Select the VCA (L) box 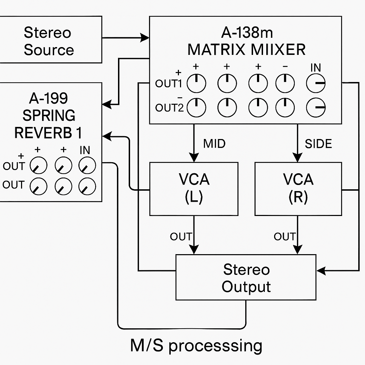(x=194, y=189)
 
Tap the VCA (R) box (x=298, y=189)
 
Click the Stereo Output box (x=246, y=277)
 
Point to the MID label (x=214, y=144)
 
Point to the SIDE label (x=318, y=144)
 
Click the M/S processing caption (x=196, y=346)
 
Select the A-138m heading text (x=247, y=33)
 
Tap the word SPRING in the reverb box (x=49, y=116)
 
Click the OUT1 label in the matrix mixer (x=169, y=84)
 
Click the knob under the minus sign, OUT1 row (x=286, y=84)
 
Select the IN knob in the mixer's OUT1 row (x=316, y=84)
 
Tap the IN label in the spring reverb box (x=84, y=150)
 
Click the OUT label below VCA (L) (x=181, y=236)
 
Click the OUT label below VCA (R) (x=284, y=236)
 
